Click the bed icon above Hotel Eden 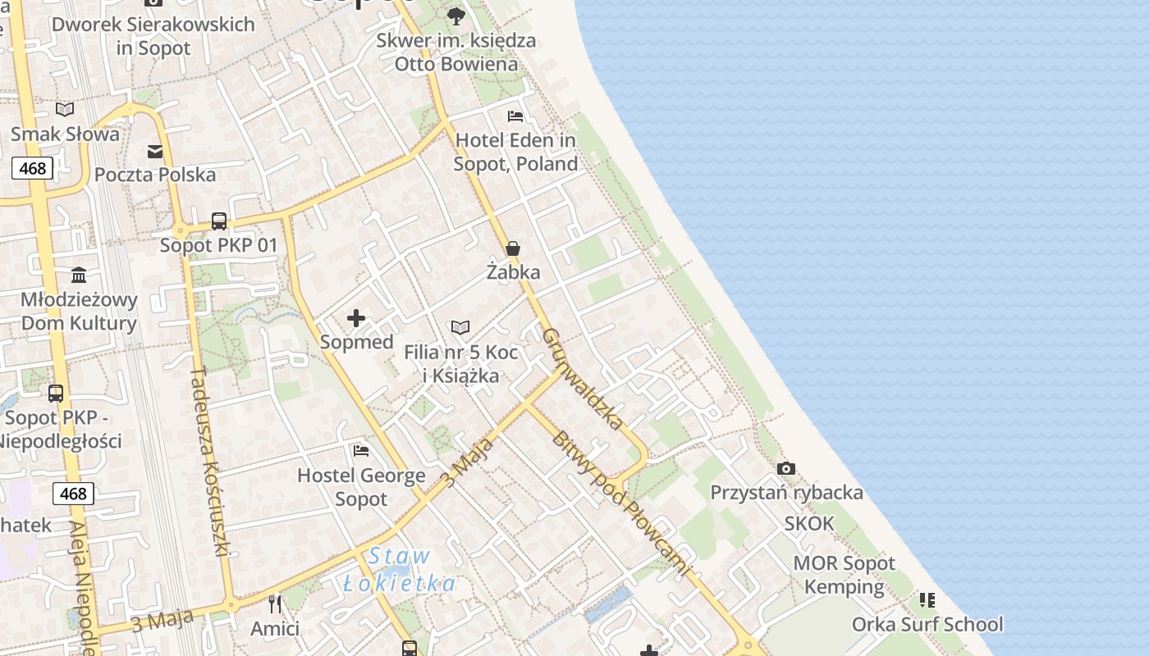[x=515, y=116]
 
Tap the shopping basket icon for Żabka [x=513, y=248]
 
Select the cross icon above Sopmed [x=356, y=317]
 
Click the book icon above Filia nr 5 [x=460, y=328]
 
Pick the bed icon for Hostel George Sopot [x=361, y=450]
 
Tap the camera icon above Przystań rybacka [x=786, y=468]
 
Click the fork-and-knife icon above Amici [x=275, y=604]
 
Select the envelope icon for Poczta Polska [x=155, y=151]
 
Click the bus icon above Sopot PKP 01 [x=219, y=221]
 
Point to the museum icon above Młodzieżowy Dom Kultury [x=79, y=274]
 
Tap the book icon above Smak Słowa [x=65, y=109]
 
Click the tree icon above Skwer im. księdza [x=456, y=16]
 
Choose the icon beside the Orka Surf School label [x=927, y=600]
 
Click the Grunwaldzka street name [x=584, y=378]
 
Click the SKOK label [x=809, y=523]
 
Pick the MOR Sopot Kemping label [x=845, y=575]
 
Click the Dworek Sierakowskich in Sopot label [x=153, y=36]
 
